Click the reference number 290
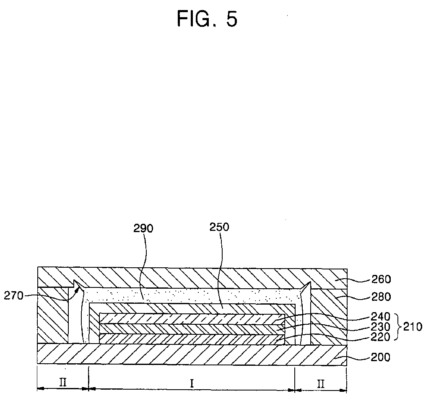tap(143, 228)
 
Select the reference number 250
tap(220, 227)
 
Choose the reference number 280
tap(380, 297)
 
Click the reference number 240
tap(380, 317)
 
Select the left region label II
tap(63, 382)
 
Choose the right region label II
tap(321, 382)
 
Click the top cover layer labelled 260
tap(189, 277)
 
